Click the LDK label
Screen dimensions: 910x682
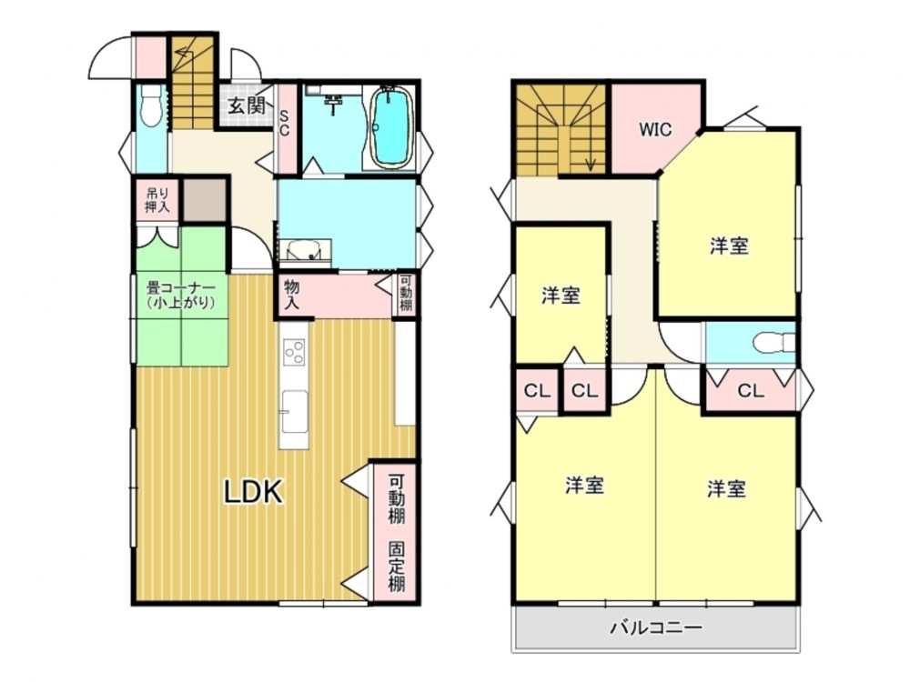254,492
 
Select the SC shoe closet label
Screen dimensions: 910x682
284,123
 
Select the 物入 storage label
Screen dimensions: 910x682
291,294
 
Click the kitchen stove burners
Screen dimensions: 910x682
294,351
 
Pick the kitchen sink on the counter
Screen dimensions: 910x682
295,411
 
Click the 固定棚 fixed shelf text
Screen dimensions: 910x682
397,567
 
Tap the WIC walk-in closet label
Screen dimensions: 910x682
655,129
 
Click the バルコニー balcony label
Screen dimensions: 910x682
656,627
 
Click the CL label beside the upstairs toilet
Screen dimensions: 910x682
751,391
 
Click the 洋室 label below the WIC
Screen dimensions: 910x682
729,246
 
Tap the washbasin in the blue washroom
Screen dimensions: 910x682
305,251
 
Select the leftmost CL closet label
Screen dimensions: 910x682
537,391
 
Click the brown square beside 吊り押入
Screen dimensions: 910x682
205,200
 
